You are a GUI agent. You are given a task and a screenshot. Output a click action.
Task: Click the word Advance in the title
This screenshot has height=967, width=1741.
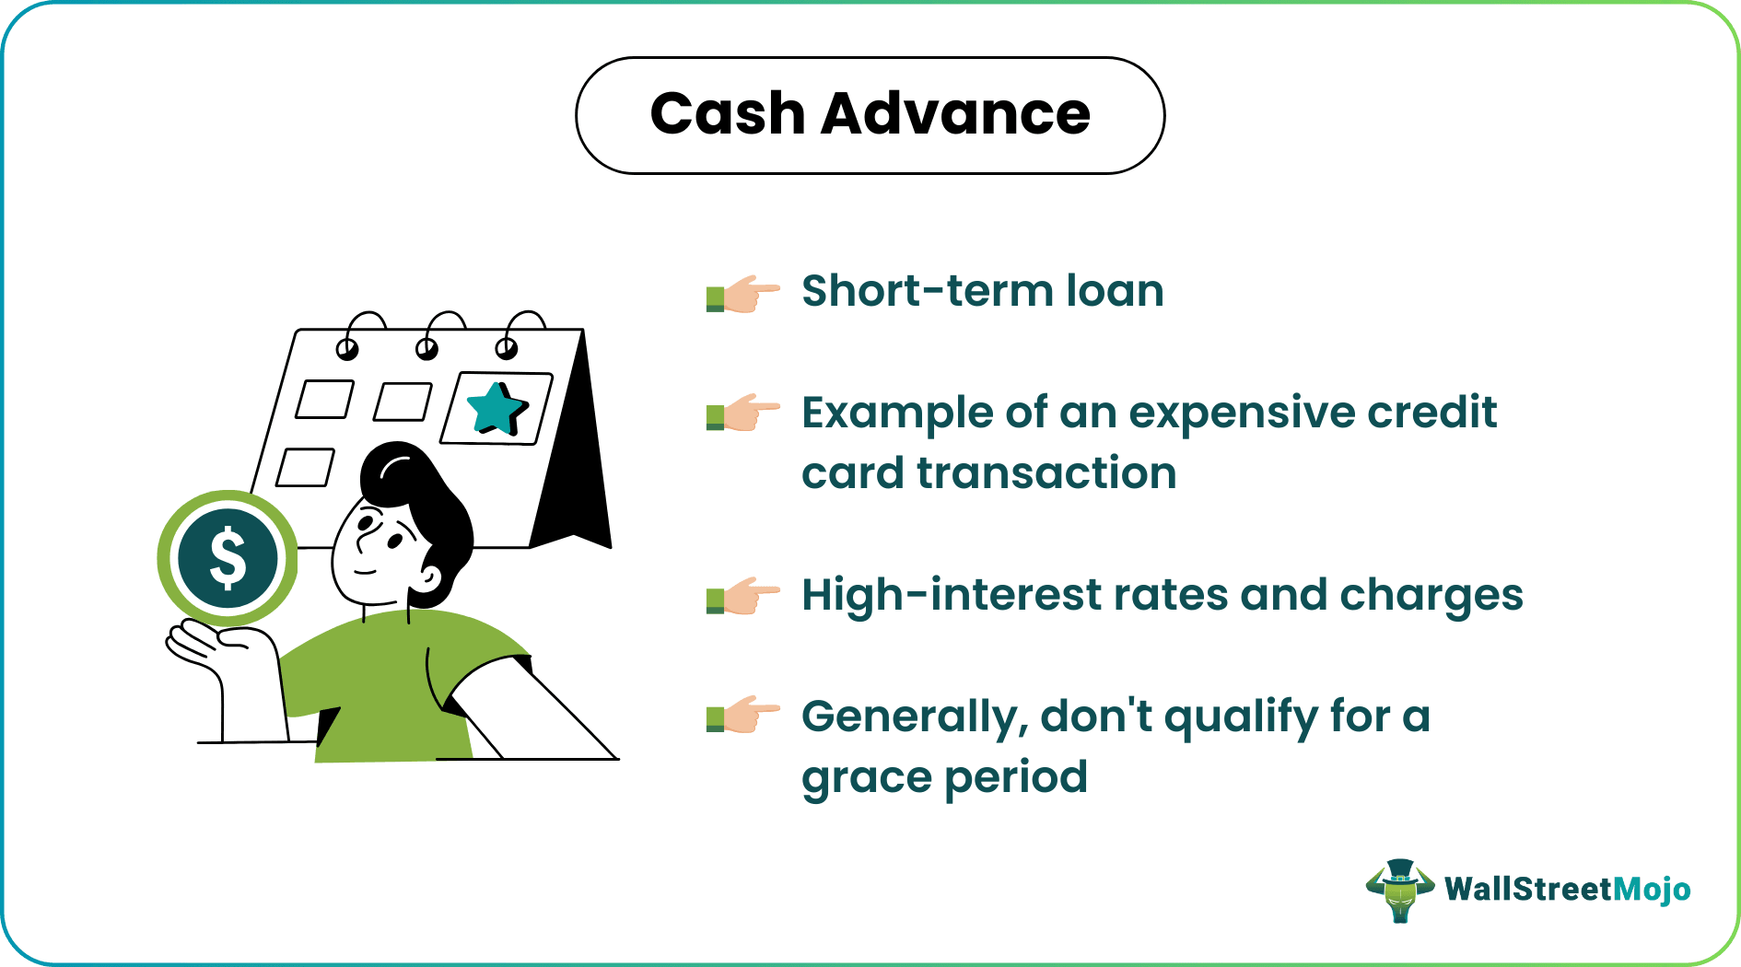[x=955, y=114]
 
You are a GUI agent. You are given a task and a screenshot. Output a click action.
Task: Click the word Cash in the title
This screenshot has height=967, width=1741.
[x=727, y=114]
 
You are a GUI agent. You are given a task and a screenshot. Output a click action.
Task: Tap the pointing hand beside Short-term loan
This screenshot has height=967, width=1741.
[x=742, y=294]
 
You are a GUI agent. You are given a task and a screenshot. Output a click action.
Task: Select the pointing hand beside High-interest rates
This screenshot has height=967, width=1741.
[x=742, y=596]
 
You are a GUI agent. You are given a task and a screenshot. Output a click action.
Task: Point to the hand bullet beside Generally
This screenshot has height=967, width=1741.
[x=742, y=715]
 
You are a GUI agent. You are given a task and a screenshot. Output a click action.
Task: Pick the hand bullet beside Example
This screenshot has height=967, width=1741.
[x=742, y=413]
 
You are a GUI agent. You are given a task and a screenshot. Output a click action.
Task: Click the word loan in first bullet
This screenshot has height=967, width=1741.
[x=1115, y=291]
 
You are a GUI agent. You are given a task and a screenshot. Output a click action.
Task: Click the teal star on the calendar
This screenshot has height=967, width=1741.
[x=497, y=409]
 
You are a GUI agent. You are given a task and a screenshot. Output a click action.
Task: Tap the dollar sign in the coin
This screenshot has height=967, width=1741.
[x=228, y=558]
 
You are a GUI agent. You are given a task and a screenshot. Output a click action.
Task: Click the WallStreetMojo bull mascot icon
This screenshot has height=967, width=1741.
[x=1399, y=890]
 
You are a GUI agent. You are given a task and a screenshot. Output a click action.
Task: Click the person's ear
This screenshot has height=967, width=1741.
[x=428, y=578]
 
